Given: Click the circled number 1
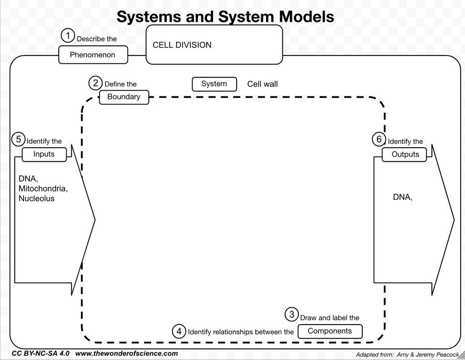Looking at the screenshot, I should coord(68,35).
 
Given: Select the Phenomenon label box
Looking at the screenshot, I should coord(93,55).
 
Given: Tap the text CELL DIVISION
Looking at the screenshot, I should coord(182,45).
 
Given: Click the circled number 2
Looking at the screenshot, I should coord(95,83).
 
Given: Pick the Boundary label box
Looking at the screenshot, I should coord(124,97).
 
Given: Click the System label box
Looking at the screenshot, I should coord(214,84).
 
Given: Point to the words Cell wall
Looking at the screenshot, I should coord(262,84).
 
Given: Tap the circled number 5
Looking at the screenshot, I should coord(18,140).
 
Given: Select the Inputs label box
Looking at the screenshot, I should coord(44,154).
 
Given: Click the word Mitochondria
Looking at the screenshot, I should coord(43,188).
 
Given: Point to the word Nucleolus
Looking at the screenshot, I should coord(36,199).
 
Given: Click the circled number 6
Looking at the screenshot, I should coord(379,140).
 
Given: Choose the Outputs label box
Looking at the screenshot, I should coord(405,155).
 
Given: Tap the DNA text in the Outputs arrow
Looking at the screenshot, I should coord(402,197).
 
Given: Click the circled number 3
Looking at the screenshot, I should coord(292,315).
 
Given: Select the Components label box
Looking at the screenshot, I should coord(330,331).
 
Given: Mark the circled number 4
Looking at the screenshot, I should coord(179,331).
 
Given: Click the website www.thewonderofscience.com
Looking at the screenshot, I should coord(126,354).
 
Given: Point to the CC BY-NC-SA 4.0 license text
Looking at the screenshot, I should coord(41,354).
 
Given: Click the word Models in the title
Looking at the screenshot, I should coord(307,17).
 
